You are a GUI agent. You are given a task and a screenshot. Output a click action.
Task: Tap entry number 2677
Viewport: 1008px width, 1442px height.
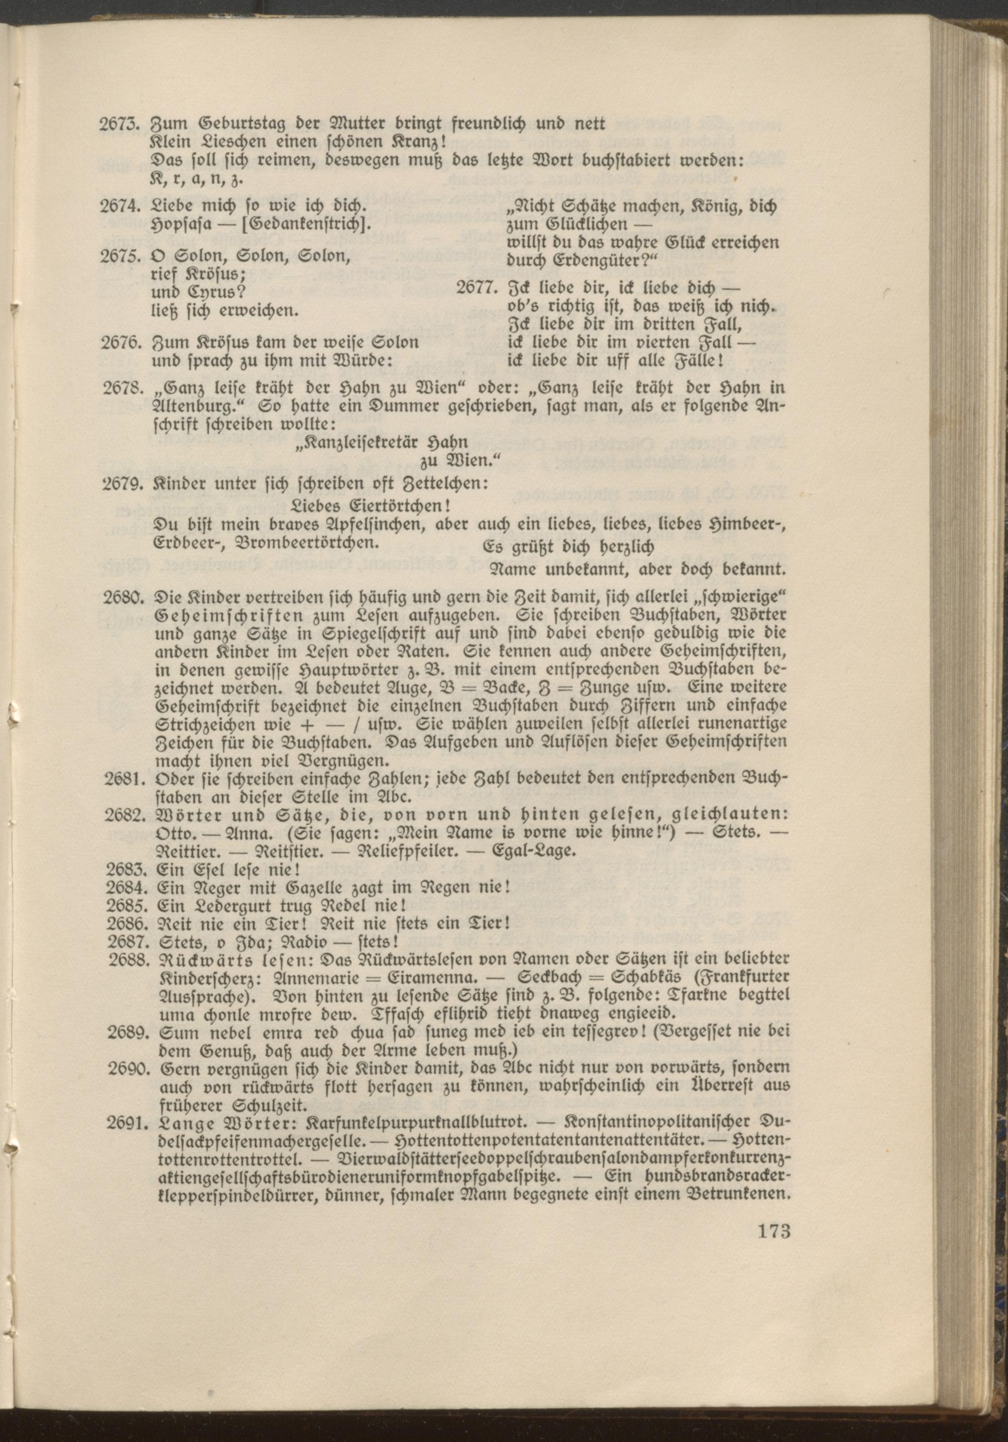coord(476,289)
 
